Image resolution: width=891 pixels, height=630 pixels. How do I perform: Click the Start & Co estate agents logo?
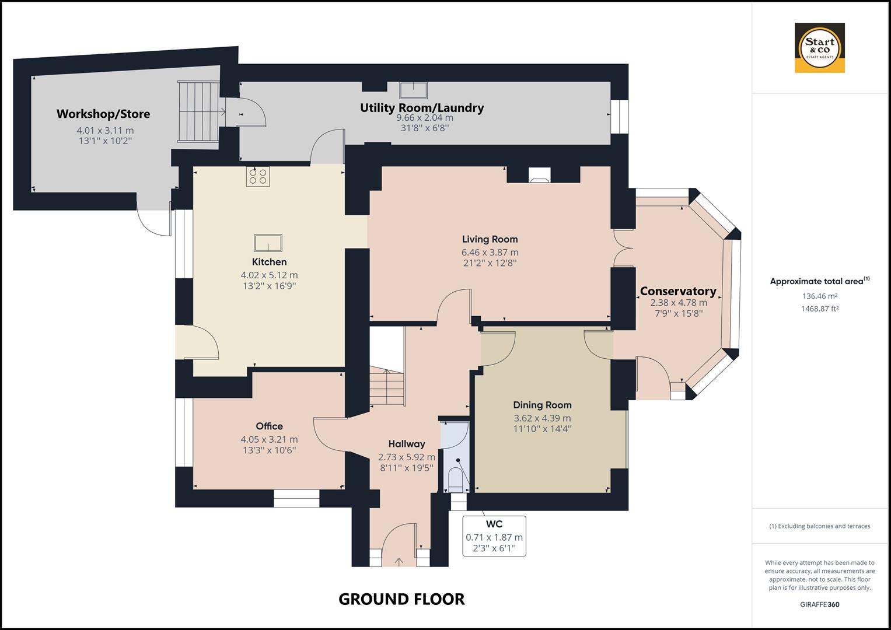[x=819, y=48]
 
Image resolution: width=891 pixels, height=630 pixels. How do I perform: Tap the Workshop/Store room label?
[x=103, y=114]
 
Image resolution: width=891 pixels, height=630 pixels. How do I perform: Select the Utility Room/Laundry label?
[x=421, y=108]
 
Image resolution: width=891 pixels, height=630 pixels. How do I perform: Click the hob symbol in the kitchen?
[x=257, y=176]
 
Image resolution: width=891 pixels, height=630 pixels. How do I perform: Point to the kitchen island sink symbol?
[x=268, y=243]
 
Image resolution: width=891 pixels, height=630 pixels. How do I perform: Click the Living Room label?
[x=490, y=239]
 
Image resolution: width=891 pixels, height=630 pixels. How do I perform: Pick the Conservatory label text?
[x=678, y=291]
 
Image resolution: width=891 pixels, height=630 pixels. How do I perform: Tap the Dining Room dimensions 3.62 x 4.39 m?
[x=542, y=418]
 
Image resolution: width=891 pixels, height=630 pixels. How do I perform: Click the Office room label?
[x=269, y=426]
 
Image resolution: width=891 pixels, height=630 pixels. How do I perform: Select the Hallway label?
[x=407, y=444]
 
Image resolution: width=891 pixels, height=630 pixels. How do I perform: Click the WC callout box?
[x=494, y=535]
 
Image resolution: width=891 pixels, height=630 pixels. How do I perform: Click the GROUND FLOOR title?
[x=401, y=599]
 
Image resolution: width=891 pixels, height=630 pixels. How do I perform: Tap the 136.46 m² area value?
[x=819, y=296]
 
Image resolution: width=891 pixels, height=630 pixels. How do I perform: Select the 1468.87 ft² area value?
[x=819, y=309]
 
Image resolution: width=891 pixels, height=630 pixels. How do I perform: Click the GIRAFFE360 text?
[x=819, y=605]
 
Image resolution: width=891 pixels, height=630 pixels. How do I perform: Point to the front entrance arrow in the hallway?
[x=399, y=562]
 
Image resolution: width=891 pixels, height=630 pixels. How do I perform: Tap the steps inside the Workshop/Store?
[x=197, y=111]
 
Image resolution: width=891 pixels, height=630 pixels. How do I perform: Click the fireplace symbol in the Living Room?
[x=539, y=176]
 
